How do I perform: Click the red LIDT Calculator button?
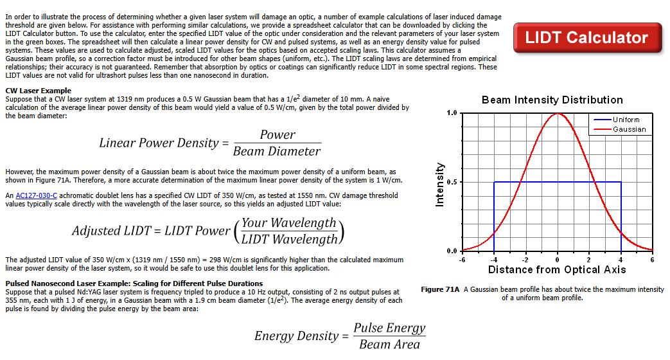pyautogui.click(x=587, y=38)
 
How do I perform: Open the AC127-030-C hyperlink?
pyautogui.click(x=37, y=195)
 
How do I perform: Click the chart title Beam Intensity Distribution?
pyautogui.click(x=552, y=100)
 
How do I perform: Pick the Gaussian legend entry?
pyautogui.click(x=619, y=129)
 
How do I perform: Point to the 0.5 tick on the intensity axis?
pyautogui.click(x=452, y=182)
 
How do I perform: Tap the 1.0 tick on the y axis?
pyautogui.click(x=452, y=113)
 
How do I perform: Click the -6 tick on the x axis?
pyautogui.click(x=462, y=260)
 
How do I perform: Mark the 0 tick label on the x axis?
pyautogui.click(x=557, y=260)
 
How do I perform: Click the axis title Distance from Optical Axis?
pyautogui.click(x=557, y=270)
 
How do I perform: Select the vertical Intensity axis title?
pyautogui.click(x=439, y=184)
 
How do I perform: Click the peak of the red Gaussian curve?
pyautogui.click(x=557, y=113)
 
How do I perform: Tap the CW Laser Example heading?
pyautogui.click(x=39, y=91)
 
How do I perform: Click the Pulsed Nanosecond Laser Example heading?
pyautogui.click(x=134, y=283)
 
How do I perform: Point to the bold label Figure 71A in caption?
pyautogui.click(x=440, y=289)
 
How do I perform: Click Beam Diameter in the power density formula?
pyautogui.click(x=277, y=151)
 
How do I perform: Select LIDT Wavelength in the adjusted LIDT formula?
pyautogui.click(x=289, y=239)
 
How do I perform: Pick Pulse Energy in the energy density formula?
pyautogui.click(x=389, y=328)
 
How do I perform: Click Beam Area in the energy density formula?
pyautogui.click(x=389, y=344)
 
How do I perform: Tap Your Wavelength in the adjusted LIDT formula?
pyautogui.click(x=289, y=223)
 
